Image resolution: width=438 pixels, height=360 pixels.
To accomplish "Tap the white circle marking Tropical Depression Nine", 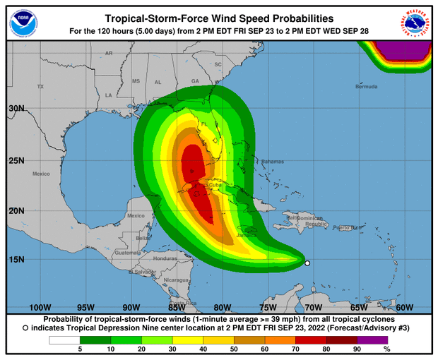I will pos(307,263).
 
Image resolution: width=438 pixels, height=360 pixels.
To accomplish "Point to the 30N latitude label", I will pos(16,109).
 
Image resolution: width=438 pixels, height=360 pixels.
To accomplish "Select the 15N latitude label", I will pos(16,259).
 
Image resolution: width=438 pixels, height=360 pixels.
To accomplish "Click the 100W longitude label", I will pos(40,307).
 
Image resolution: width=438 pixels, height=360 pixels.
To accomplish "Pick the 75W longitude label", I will pos(268,307).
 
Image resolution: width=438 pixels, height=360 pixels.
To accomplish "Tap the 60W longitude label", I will pos(404,307).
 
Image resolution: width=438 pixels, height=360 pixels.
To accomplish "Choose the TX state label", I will pos(40,87).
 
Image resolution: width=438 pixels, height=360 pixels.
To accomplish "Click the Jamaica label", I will pos(244,236).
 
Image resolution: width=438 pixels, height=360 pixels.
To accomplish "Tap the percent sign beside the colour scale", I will pos(386,349).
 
